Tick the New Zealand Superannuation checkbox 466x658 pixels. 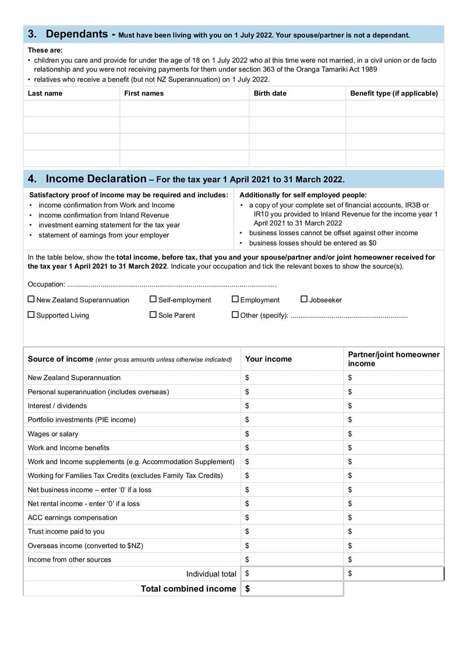(x=31, y=299)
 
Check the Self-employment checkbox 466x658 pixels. (x=153, y=299)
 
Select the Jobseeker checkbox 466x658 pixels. (x=304, y=299)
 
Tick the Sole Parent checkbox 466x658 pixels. (x=153, y=314)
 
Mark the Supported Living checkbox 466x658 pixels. (x=31, y=314)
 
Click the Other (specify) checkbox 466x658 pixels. (x=235, y=314)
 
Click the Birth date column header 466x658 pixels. (x=270, y=93)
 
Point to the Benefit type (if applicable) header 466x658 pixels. (x=394, y=93)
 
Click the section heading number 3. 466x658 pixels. (x=33, y=34)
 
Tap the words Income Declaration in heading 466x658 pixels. (x=96, y=179)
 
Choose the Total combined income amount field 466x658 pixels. (x=294, y=589)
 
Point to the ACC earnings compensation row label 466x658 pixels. (x=72, y=518)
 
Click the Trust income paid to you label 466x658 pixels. (x=66, y=532)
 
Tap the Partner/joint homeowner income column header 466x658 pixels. (x=394, y=359)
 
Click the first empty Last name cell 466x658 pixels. (x=71, y=109)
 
